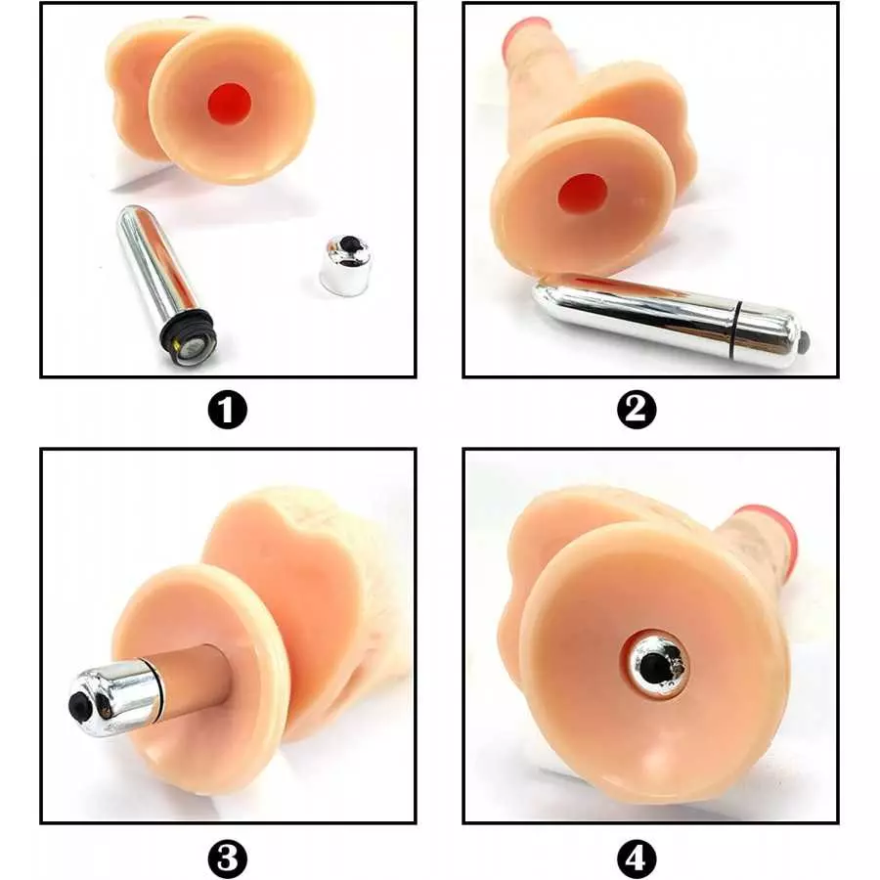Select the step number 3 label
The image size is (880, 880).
click(228, 859)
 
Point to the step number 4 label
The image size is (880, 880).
click(637, 859)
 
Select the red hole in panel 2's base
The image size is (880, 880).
click(583, 195)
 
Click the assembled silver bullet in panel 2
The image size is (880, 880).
click(665, 318)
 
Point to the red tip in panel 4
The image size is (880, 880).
click(772, 533)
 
